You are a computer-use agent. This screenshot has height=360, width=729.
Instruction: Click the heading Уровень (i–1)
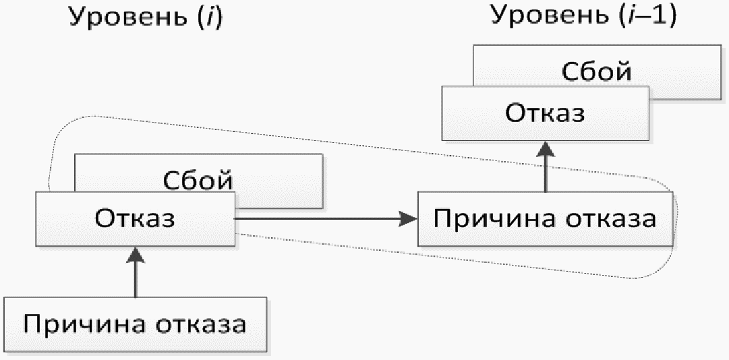tap(584, 17)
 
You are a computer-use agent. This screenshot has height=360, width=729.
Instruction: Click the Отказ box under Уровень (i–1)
tap(546, 113)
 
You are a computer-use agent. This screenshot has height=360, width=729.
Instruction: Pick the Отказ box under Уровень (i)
tap(136, 218)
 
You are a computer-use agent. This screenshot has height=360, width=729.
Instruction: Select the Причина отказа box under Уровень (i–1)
tap(546, 218)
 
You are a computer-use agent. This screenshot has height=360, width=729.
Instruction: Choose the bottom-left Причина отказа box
tap(136, 324)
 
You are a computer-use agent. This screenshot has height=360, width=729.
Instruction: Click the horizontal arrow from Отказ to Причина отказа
tap(326, 218)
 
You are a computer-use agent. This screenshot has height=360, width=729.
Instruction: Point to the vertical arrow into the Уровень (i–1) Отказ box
tap(546, 166)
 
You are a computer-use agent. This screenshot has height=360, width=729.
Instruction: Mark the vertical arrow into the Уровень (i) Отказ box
tap(136, 272)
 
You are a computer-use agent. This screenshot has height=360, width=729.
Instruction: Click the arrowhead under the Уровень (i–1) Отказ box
tap(546, 148)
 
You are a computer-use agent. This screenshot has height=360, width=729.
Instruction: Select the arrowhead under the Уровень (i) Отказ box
tap(136, 255)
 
